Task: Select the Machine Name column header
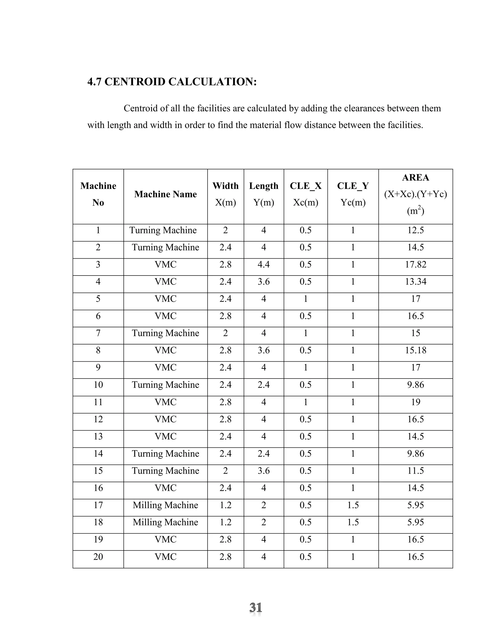tap(165, 194)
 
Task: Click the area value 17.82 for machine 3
tap(415, 264)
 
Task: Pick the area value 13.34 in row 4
tap(415, 282)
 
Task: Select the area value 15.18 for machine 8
tap(415, 350)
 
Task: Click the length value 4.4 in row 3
tap(264, 264)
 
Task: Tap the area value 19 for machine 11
tap(415, 402)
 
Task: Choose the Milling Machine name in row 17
tap(165, 505)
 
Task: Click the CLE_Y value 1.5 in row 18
tap(353, 522)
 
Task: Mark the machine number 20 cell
tap(98, 557)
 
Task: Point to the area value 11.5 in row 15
tap(415, 470)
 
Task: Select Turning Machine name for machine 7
tap(165, 333)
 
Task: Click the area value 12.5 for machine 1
tap(415, 230)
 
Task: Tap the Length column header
tap(264, 186)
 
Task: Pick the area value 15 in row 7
tap(415, 333)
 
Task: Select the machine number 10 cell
tap(98, 385)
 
